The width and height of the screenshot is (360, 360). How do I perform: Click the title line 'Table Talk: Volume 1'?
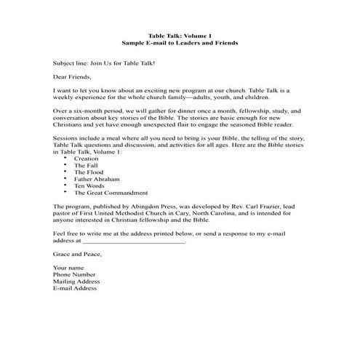tap(180, 36)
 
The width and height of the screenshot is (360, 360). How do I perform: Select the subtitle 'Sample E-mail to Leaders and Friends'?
tap(180, 43)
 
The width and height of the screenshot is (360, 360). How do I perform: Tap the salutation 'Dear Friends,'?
tap(73, 74)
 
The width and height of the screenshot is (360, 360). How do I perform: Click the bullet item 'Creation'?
tap(86, 158)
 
